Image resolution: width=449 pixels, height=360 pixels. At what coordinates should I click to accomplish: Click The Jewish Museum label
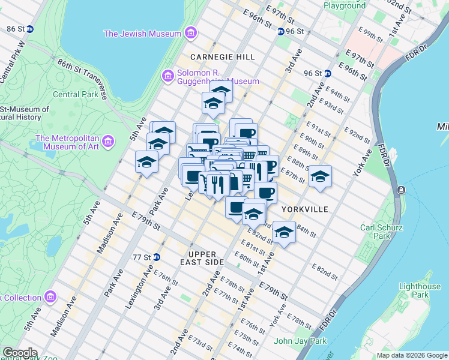coord(142,34)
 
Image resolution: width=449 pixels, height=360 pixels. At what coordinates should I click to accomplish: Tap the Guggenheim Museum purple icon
coord(168,76)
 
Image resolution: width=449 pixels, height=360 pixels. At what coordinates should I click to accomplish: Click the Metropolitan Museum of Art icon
coord(108,141)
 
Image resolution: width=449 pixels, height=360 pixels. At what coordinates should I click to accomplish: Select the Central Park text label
coord(74,94)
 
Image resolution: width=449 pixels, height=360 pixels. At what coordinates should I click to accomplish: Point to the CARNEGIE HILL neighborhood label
coord(222,56)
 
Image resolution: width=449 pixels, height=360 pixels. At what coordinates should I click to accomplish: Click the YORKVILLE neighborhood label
coord(305,209)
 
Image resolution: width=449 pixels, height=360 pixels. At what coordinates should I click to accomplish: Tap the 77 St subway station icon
coord(156,257)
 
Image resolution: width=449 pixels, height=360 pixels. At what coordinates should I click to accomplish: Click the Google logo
coord(19,353)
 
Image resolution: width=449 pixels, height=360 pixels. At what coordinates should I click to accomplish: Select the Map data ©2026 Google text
coord(411,355)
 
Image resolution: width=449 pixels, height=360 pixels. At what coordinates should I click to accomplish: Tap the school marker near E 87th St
coord(321,176)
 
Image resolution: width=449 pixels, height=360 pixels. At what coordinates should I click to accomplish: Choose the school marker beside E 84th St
coord(284,232)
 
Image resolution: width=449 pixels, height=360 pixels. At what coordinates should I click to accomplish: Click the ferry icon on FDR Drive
coord(401,190)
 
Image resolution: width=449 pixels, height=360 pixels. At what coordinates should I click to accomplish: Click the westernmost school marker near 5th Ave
coord(146,162)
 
